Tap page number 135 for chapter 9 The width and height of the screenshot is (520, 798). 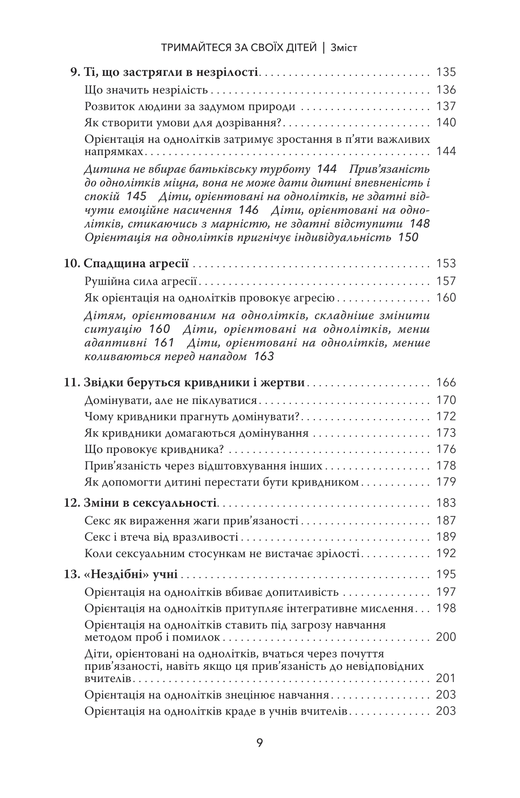coord(446,73)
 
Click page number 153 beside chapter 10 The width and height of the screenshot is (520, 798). coord(446,264)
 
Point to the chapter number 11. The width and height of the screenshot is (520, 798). coord(71,383)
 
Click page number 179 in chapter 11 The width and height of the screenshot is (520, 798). coord(446,482)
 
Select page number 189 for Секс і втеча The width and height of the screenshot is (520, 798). coord(446,537)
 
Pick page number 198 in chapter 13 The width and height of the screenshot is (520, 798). coord(446,609)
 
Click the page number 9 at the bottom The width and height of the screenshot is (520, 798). coord(260,743)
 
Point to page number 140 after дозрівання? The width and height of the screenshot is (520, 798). coord(446,123)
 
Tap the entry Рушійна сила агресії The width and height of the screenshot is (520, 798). coord(140,281)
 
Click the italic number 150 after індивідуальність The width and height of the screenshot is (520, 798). coord(408,238)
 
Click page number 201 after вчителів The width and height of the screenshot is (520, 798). coord(446,678)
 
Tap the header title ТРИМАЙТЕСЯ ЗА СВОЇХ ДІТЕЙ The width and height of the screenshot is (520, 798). coord(239,48)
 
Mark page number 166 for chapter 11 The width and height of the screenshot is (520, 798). coord(446,383)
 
